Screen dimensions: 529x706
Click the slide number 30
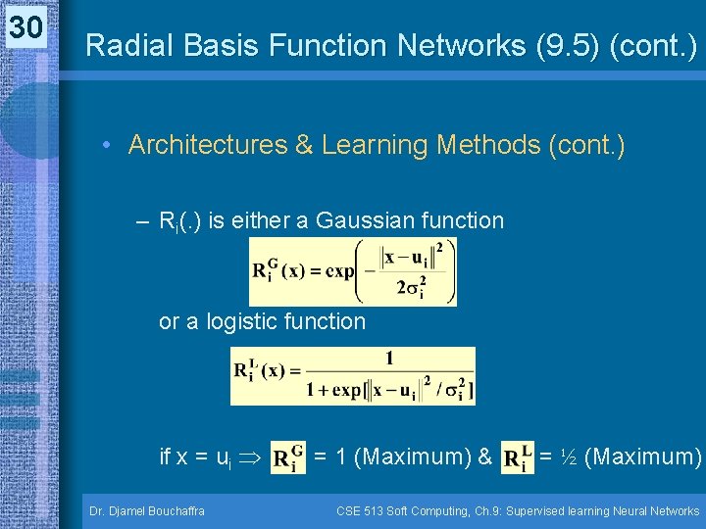26,28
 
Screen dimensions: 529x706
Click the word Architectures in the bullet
213,145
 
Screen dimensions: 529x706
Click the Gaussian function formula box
353,272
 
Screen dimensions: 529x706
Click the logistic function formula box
353,375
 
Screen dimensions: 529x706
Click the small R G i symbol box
286,457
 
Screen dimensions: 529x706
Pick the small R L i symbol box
517,457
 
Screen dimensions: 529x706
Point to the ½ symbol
569,457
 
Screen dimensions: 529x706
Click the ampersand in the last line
483,457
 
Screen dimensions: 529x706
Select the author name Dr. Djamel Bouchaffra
146,510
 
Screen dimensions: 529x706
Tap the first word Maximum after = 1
409,457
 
